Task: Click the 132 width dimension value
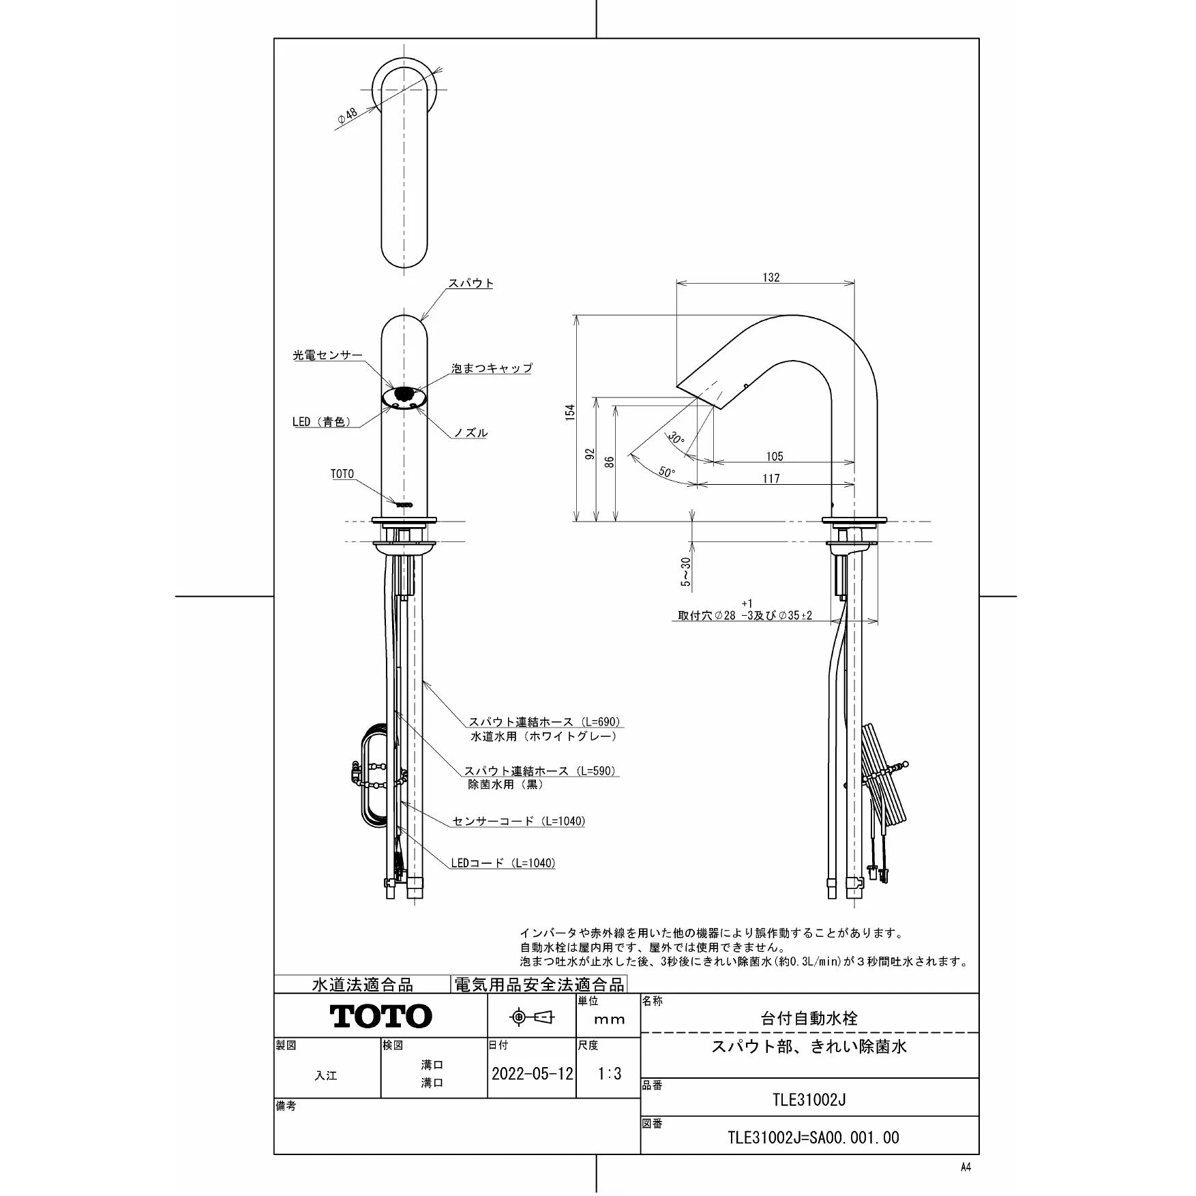click(x=771, y=278)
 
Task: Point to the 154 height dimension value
click(x=570, y=412)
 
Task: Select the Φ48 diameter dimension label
click(x=347, y=117)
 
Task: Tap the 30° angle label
click(x=676, y=437)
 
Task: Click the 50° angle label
click(x=667, y=471)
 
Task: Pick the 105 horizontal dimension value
click(x=775, y=456)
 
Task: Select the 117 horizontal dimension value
click(x=771, y=479)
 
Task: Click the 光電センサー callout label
click(x=327, y=355)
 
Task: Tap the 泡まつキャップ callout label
click(x=492, y=368)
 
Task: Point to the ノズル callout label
click(x=470, y=433)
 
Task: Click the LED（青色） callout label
click(x=322, y=422)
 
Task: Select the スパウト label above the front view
click(x=470, y=283)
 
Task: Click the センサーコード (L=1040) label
click(x=519, y=821)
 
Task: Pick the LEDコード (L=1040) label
click(x=503, y=863)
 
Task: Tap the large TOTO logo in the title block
click(x=381, y=1016)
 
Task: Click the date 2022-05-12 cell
click(x=533, y=1074)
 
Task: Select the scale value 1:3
click(x=610, y=1074)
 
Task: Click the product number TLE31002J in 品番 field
click(x=809, y=1099)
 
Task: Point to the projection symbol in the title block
click(x=533, y=1017)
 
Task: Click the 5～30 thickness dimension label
click(x=686, y=571)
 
